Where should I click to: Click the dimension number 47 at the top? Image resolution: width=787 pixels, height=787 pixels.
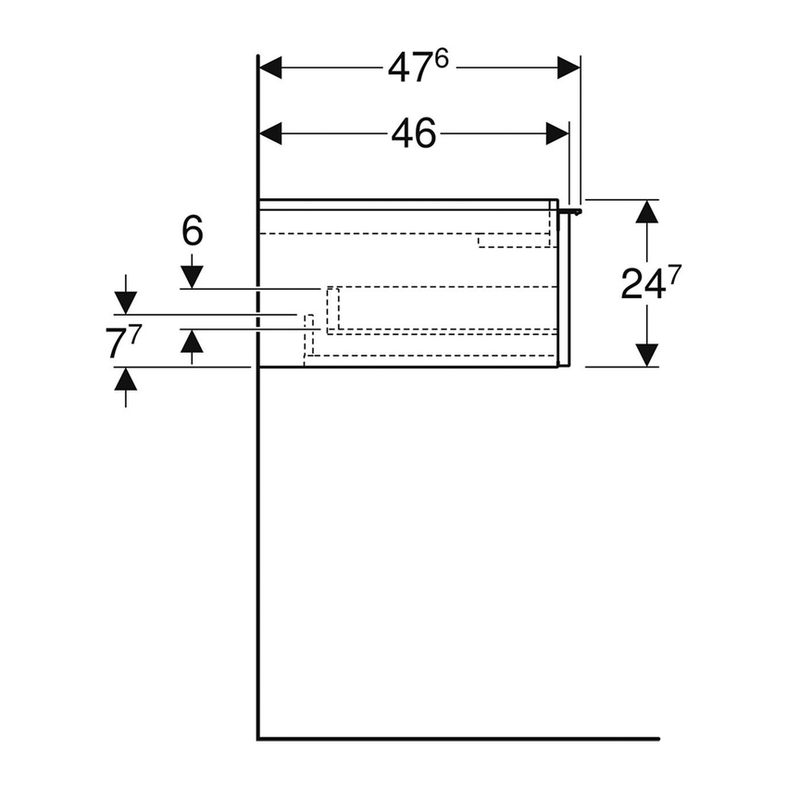pos(409,69)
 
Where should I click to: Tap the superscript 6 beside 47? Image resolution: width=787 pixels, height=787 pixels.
pos(442,60)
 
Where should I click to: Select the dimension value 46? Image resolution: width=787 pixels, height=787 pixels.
pos(413,135)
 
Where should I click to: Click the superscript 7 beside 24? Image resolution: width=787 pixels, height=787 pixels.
pos(675,275)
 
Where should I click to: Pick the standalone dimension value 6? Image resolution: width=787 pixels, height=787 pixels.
pos(192,231)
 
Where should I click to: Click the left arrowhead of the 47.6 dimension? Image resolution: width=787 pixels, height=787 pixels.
pos(270,68)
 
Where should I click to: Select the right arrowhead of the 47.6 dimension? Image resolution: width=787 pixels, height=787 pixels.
pos(568,68)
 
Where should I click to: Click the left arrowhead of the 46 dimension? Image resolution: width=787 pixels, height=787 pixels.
pos(270,133)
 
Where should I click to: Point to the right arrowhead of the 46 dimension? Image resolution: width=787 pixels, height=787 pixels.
pos(557,133)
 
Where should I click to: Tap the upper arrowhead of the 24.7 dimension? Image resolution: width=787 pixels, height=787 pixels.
pos(647,211)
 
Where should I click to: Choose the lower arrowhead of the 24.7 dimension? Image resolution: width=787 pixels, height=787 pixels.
pos(647,355)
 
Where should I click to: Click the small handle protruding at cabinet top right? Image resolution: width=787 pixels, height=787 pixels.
pos(574,212)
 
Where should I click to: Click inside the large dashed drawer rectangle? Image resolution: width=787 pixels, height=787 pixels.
pos(444,309)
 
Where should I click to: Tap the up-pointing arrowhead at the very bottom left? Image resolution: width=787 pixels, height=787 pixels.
pos(125,379)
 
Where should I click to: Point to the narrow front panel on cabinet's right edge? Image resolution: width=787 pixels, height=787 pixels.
pos(565,287)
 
